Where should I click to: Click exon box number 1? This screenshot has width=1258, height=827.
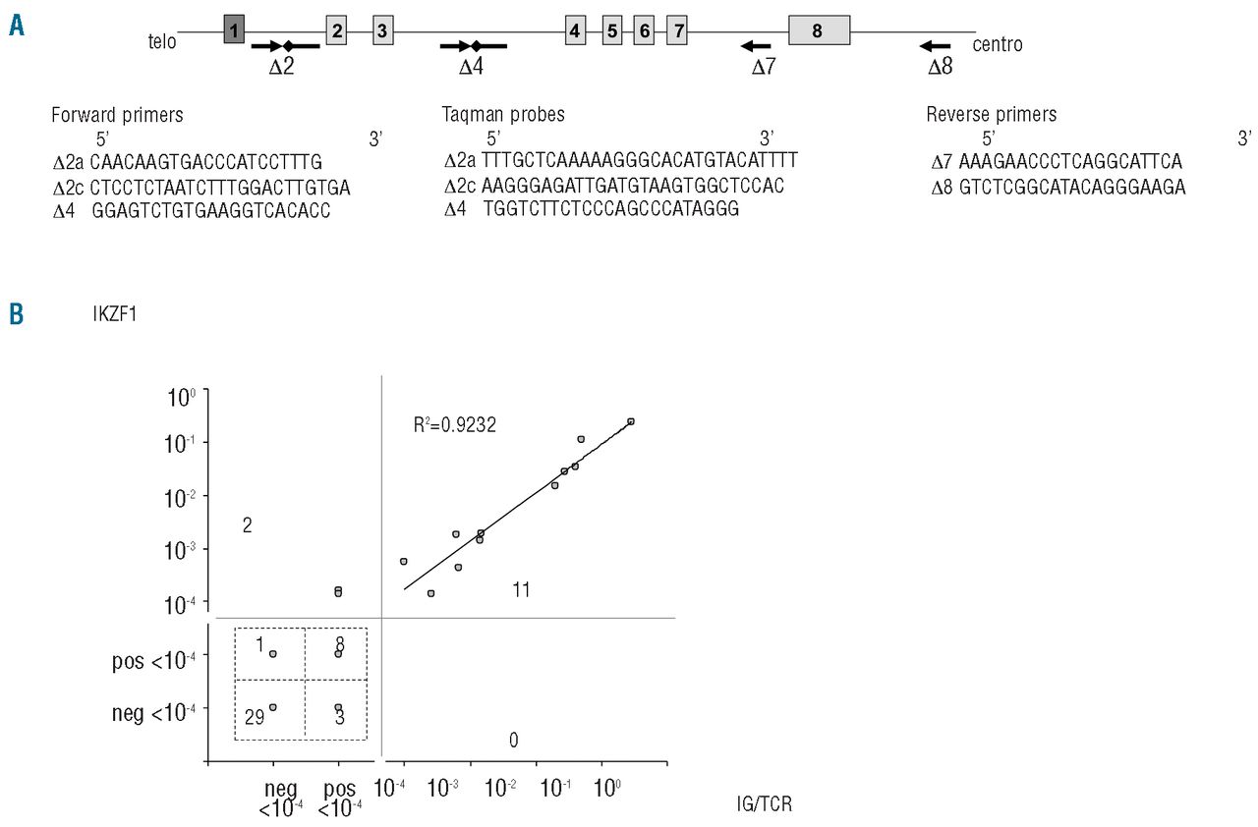point(234,30)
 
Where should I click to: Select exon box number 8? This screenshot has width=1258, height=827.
point(819,30)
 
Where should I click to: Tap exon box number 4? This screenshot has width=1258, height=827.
point(576,30)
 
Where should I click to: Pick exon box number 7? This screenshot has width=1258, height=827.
point(676,30)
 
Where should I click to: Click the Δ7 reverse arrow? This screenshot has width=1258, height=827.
point(756,45)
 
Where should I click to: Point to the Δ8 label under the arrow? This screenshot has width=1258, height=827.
point(941,68)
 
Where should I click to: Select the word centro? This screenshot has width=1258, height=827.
point(998,44)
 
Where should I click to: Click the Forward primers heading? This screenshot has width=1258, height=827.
point(117,115)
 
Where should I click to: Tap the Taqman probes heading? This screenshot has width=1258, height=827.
point(503,115)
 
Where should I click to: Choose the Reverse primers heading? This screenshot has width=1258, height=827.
point(991,115)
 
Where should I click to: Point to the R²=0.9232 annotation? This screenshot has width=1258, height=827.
point(455,425)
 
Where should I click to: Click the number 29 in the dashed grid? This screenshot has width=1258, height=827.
point(255,718)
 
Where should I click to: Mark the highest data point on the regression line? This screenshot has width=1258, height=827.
point(631,421)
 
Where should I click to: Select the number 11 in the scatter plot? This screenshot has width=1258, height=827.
point(521,589)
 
